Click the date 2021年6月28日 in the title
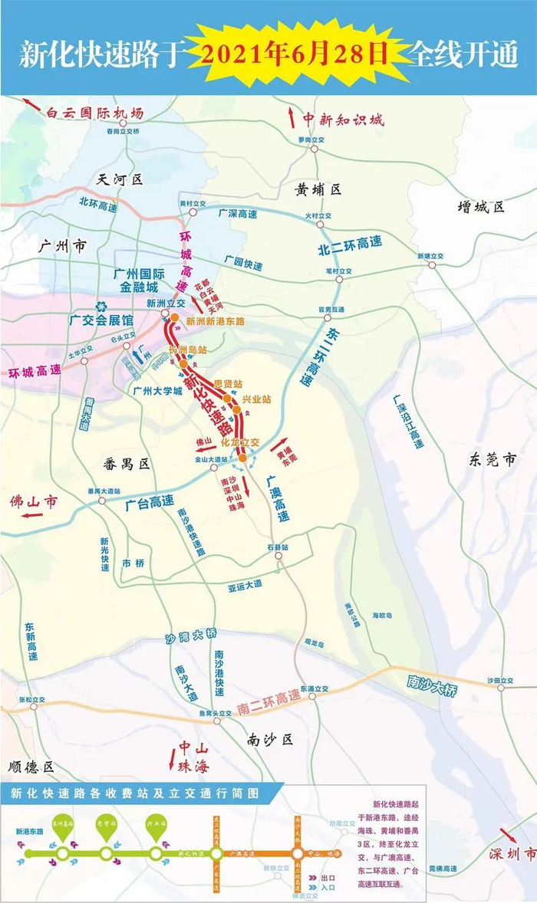302,55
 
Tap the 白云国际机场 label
94,113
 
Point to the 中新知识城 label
343,119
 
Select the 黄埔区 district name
317,189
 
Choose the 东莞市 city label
491,459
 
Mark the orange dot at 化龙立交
242,458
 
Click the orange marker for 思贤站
228,399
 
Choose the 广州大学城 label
157,390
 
